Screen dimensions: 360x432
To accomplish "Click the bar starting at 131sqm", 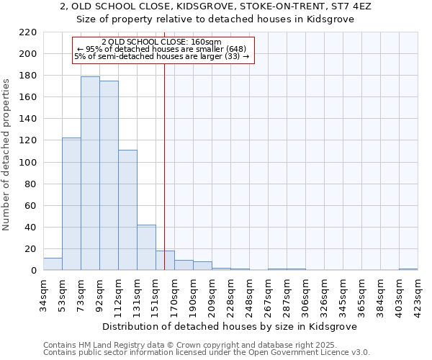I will (x=146, y=248).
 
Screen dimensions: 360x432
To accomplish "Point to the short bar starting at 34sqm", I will (x=53, y=264).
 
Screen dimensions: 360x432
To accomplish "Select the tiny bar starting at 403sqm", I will (x=408, y=269).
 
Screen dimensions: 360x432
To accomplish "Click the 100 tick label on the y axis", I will (x=27, y=163).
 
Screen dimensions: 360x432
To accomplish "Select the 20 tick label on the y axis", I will (x=30, y=249).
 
